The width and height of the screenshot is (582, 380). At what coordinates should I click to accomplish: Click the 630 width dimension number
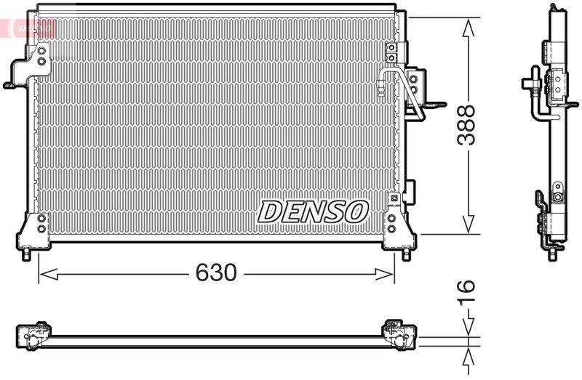pyautogui.click(x=216, y=273)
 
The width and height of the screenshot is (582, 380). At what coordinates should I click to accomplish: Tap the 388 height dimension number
pyautogui.click(x=466, y=125)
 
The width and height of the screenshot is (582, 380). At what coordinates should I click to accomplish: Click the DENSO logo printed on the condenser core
pyautogui.click(x=312, y=211)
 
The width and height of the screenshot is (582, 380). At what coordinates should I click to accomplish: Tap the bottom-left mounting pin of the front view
pyautogui.click(x=27, y=255)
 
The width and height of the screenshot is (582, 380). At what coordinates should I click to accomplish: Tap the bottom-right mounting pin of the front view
pyautogui.click(x=406, y=255)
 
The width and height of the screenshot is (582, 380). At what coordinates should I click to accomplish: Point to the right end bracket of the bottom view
pyautogui.click(x=399, y=335)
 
